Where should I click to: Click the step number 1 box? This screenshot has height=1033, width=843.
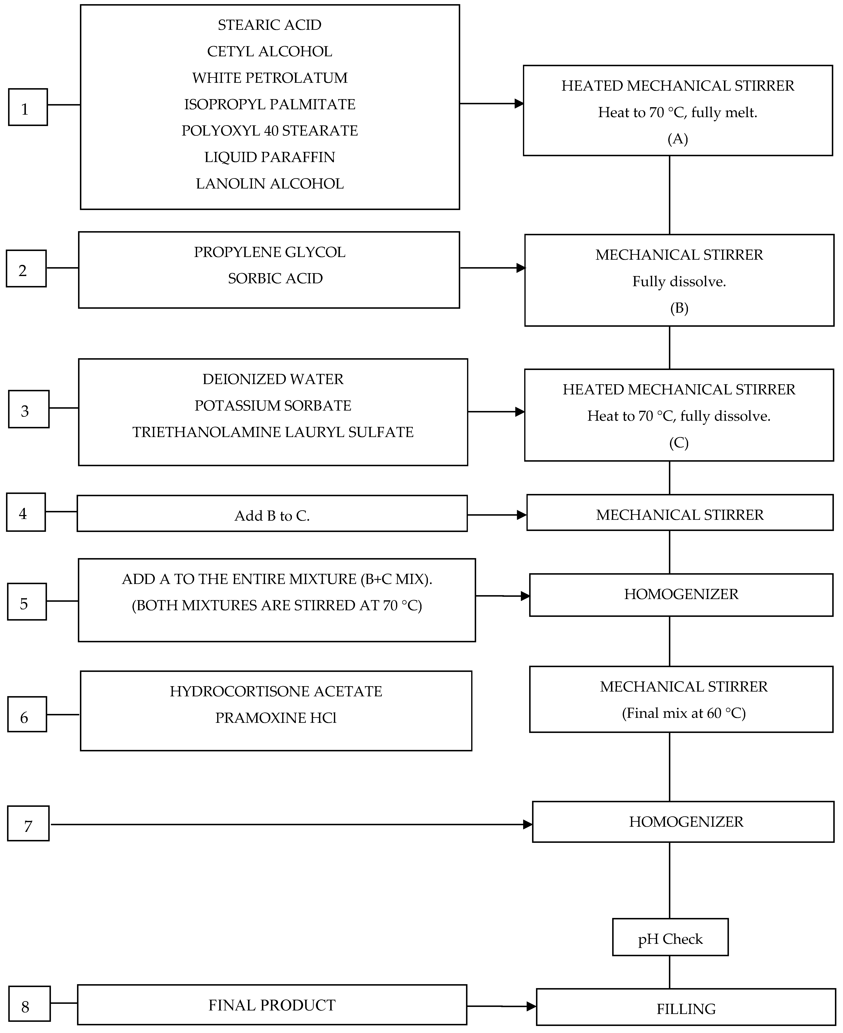[28, 107]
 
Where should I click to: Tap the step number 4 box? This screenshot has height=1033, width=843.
[26, 513]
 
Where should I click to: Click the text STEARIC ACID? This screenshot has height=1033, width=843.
[270, 25]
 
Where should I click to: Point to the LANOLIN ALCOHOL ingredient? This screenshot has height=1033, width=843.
[270, 184]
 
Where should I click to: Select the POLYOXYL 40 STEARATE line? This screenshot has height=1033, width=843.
[270, 131]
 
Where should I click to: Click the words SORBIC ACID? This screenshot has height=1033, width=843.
[275, 278]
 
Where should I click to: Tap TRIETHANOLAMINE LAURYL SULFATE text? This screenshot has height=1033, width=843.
[273, 432]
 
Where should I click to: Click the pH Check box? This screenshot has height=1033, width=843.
[670, 939]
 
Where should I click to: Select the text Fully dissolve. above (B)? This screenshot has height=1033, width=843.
[679, 282]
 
